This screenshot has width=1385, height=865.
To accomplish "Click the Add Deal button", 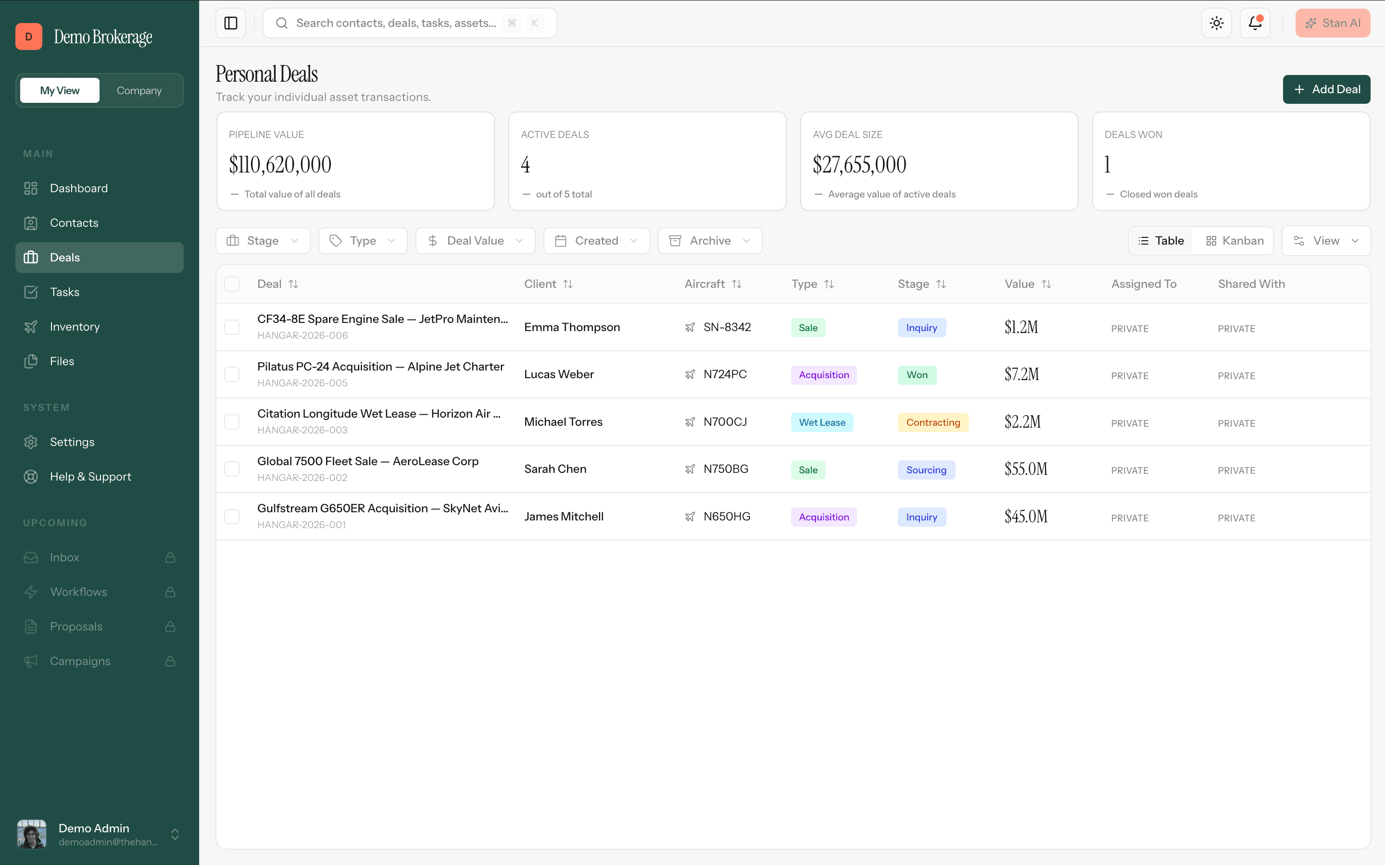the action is pos(1326,89).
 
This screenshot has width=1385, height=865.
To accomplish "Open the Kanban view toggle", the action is pos(1234,241).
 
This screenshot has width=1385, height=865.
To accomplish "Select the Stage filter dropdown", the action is pos(263,241).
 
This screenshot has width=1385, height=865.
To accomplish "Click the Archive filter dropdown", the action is pos(710,241).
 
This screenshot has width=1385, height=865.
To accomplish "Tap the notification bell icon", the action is pos(1255,23).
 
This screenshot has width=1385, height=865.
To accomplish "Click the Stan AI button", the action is pos(1333,23).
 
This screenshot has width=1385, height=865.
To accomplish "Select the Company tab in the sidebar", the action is pos(139,90).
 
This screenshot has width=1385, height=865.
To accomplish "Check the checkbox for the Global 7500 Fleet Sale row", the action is pos(232,469).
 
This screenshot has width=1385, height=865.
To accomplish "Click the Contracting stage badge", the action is pos(933,422).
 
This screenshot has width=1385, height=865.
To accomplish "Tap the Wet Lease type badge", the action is pos(822,422).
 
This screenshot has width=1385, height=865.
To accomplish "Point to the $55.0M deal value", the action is pos(1026,469).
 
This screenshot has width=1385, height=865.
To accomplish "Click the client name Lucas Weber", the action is pos(559,374).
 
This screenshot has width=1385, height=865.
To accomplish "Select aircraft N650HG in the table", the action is pos(726,517).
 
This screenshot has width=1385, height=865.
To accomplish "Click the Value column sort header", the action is pos(1028,284).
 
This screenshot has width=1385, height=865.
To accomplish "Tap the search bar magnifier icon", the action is pos(282,23).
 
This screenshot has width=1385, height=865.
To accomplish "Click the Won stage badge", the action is pos(917,375).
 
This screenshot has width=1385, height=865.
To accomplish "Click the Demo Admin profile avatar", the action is pos(31,834).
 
